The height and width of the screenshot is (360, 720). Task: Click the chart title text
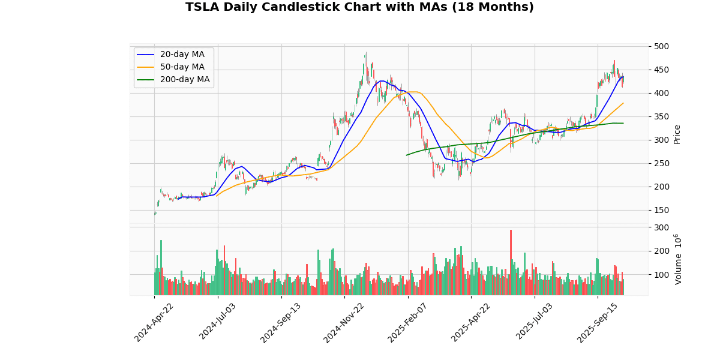pos(359,7)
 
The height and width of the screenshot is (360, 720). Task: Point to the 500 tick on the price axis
pos(662,46)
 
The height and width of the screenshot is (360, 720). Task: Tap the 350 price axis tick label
pos(662,116)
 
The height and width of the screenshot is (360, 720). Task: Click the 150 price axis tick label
pos(662,210)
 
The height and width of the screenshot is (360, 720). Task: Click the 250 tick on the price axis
pos(662,163)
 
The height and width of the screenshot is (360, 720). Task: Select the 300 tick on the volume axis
pos(662,227)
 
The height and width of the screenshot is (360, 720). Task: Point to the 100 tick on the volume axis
pos(662,275)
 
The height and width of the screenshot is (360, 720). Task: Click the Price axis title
pos(677,134)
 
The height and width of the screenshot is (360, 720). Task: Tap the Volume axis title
pos(679,259)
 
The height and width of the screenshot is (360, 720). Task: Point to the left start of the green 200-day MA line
pos(406,155)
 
